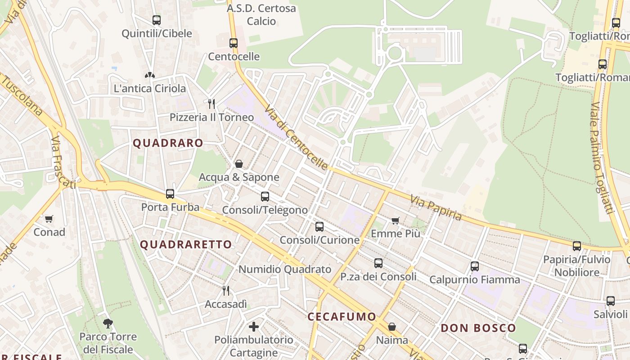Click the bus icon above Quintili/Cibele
pos(156,20)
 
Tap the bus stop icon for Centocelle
pos(233,43)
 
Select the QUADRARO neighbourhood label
pos(168,143)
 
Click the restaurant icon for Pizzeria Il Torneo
pos(211,104)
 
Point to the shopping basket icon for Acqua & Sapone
pos(239,164)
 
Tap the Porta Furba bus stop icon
pos(170,194)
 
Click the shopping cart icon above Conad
pos(49,219)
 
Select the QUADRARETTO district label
pos(186,244)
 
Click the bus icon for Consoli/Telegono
pos(265,197)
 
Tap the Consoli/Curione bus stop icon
pos(319,227)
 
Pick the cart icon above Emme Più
pos(395,220)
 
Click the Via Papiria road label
pos(436,207)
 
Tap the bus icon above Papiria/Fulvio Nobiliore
pos(577,246)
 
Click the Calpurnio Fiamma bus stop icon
pos(474,266)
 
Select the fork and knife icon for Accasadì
pos(226,291)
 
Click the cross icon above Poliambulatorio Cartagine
pos(254,326)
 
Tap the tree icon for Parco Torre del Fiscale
pos(108,323)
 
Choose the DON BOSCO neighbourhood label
pos(478,328)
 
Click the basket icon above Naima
pos(392,327)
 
